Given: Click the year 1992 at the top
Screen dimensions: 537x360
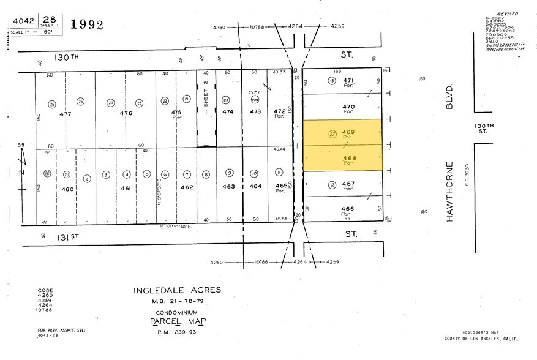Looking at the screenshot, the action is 86,24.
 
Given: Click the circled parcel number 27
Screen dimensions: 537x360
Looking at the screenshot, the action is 332,136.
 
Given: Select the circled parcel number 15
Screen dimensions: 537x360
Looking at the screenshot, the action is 332,81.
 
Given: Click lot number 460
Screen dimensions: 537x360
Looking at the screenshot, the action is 67,189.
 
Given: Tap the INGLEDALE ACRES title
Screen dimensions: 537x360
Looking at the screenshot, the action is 178,290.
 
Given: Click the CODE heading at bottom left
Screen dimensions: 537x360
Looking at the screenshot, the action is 45,290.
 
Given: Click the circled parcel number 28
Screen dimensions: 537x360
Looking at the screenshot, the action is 47,174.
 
